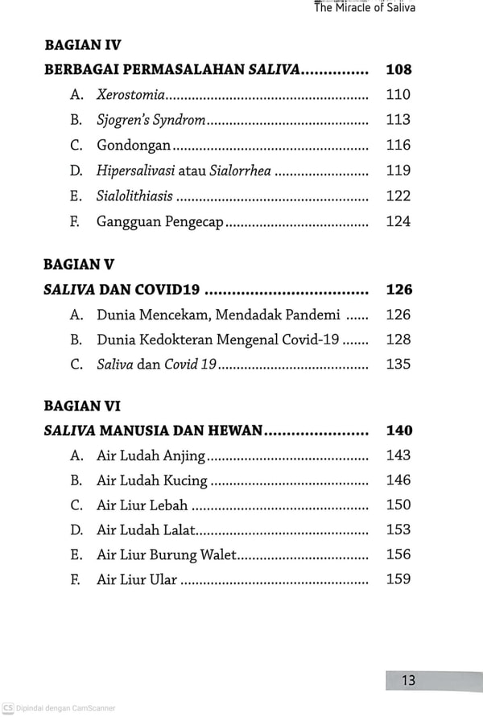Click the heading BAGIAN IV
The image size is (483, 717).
click(x=82, y=45)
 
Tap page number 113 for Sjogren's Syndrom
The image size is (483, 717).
click(x=398, y=120)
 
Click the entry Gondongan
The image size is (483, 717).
click(x=134, y=146)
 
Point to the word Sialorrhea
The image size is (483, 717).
click(x=240, y=171)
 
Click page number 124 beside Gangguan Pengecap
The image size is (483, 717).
click(x=398, y=220)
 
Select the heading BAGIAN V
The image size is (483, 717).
click(x=79, y=264)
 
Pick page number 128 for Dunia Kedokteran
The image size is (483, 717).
click(x=398, y=340)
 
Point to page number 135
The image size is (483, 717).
click(x=398, y=365)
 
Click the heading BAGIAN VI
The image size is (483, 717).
click(x=82, y=406)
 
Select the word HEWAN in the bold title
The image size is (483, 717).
click(x=237, y=431)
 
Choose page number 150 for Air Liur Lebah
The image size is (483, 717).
click(x=398, y=505)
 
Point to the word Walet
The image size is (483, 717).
click(x=219, y=554)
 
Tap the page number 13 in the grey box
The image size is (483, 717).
click(x=409, y=681)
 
